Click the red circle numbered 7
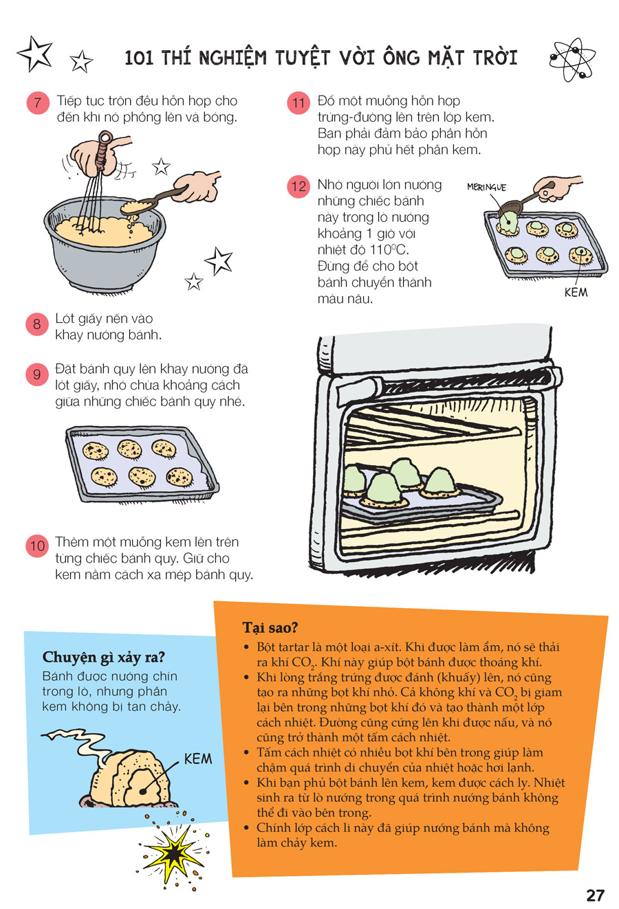click(38, 102)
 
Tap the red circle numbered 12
click(298, 186)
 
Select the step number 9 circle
click(37, 374)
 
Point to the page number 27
click(595, 895)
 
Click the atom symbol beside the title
click(573, 59)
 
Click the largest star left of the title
click(35, 54)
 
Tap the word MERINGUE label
click(486, 187)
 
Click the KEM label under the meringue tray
click(576, 292)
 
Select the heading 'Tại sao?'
click(270, 628)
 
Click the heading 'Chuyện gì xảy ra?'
click(104, 658)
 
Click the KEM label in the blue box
click(198, 759)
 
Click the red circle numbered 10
click(37, 546)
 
